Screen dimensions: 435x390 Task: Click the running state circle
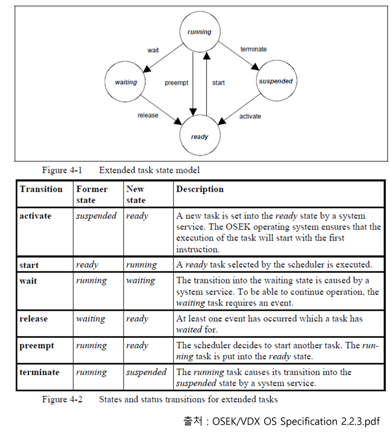pyautogui.click(x=199, y=32)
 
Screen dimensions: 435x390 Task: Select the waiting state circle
pyautogui.click(x=126, y=82)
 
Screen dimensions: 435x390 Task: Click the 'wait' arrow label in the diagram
pyautogui.click(x=153, y=50)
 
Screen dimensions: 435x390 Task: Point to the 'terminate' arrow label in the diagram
pyautogui.click(x=253, y=49)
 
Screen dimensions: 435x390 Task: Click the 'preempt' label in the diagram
pyautogui.click(x=176, y=83)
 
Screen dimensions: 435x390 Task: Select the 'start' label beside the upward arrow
pyautogui.click(x=218, y=83)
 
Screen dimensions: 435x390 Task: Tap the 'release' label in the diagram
pyautogui.click(x=148, y=115)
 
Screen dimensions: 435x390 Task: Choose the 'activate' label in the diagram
pyautogui.click(x=250, y=116)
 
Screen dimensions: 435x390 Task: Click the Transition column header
pyautogui.click(x=41, y=189)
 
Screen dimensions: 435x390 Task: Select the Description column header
pyautogui.click(x=200, y=189)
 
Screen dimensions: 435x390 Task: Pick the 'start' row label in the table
pyautogui.click(x=29, y=265)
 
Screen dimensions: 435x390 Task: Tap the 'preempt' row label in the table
pyautogui.click(x=37, y=346)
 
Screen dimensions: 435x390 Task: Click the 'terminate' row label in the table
pyautogui.click(x=39, y=373)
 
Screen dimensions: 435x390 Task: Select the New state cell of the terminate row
pyautogui.click(x=146, y=373)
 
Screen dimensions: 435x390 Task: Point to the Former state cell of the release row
pyautogui.click(x=91, y=319)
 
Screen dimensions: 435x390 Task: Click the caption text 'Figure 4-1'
pyautogui.click(x=62, y=170)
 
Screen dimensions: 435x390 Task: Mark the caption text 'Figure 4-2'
pyautogui.click(x=62, y=400)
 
